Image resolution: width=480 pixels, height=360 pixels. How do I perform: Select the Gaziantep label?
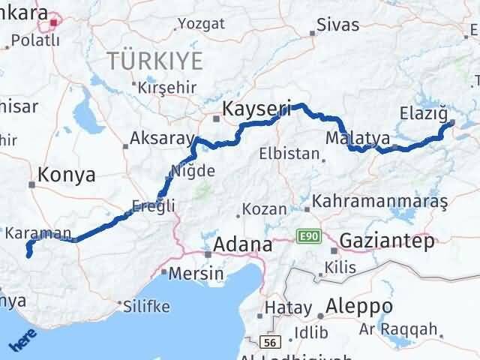click(387, 241)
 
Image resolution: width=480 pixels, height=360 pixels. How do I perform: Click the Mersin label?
click(196, 274)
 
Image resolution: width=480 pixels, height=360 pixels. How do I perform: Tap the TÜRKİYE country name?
click(154, 59)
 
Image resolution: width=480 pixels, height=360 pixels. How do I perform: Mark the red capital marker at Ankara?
click(54, 23)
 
